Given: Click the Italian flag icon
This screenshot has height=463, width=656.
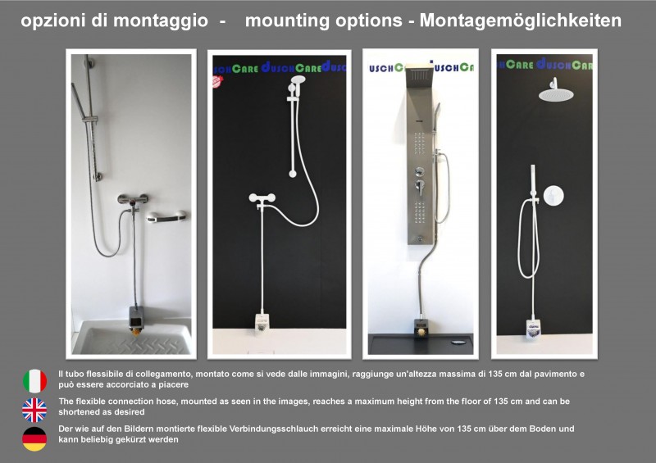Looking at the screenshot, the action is pos(34,381).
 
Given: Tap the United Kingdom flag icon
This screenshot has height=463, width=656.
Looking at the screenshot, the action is pos(34,410).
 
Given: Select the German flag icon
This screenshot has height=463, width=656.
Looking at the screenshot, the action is pos(34,438).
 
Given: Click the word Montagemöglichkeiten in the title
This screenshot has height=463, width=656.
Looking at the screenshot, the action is pos(521,21).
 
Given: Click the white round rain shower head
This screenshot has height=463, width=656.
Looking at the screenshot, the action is pos(556,94).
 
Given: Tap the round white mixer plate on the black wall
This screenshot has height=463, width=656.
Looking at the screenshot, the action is pos(553,195).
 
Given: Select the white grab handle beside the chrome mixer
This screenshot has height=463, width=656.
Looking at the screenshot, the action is pos(167,216).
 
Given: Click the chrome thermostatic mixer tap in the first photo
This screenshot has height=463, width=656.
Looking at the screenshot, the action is pos(132,199).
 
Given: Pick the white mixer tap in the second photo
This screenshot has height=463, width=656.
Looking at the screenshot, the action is pos(262,197).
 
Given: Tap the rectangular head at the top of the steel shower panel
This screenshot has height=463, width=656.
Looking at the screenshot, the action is pos(419,74).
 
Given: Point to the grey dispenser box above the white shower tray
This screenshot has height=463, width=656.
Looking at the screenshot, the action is pos(136,316).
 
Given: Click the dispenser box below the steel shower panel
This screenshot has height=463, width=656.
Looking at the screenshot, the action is pos(421,329).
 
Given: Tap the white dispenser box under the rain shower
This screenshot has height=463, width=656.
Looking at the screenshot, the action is pos(532,328).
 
